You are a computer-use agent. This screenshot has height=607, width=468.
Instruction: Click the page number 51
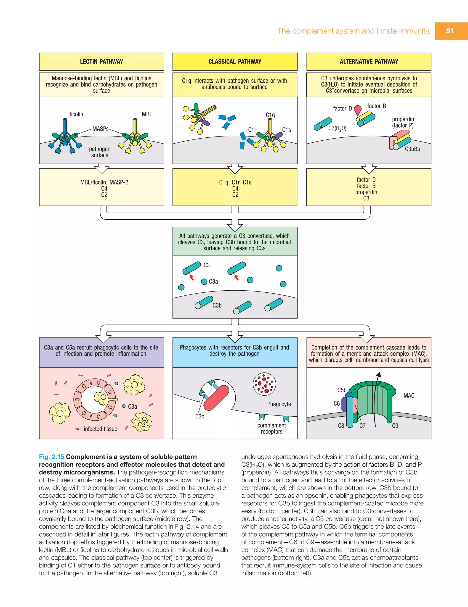(450, 31)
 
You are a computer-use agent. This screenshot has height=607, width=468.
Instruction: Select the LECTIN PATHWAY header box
(101, 61)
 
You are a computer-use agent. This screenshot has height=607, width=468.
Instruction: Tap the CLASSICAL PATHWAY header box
(235, 61)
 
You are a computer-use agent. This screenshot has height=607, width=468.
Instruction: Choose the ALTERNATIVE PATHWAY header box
(369, 61)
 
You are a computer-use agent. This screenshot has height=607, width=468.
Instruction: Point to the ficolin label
(76, 114)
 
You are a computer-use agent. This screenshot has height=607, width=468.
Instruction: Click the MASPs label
(101, 129)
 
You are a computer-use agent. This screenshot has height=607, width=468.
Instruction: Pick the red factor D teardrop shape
(358, 110)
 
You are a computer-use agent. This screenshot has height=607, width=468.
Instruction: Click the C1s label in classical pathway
(286, 130)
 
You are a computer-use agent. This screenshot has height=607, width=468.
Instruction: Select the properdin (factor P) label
(403, 122)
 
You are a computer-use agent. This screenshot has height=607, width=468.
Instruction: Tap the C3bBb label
(412, 149)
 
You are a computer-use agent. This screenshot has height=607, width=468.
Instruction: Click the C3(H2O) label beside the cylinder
(337, 128)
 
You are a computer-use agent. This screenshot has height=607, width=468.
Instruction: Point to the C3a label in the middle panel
(213, 281)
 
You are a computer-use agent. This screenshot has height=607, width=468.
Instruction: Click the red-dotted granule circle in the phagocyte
(264, 384)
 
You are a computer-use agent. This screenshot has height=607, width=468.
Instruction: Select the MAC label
(409, 395)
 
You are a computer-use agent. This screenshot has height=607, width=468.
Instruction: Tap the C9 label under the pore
(395, 426)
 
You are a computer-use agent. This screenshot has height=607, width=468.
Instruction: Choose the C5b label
(342, 390)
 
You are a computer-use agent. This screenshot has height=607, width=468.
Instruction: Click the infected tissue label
(101, 429)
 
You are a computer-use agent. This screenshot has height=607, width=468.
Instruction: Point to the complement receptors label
(271, 428)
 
